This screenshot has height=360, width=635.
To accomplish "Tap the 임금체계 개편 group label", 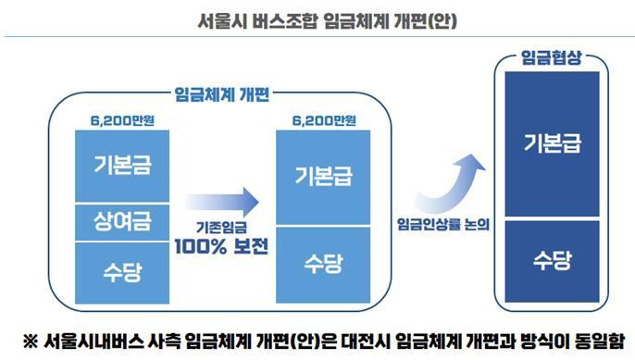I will click(229, 93).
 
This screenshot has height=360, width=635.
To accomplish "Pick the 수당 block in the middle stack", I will click(323, 264).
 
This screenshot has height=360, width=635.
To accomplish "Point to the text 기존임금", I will click(220, 228).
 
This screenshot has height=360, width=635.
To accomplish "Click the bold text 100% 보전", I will click(220, 247).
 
